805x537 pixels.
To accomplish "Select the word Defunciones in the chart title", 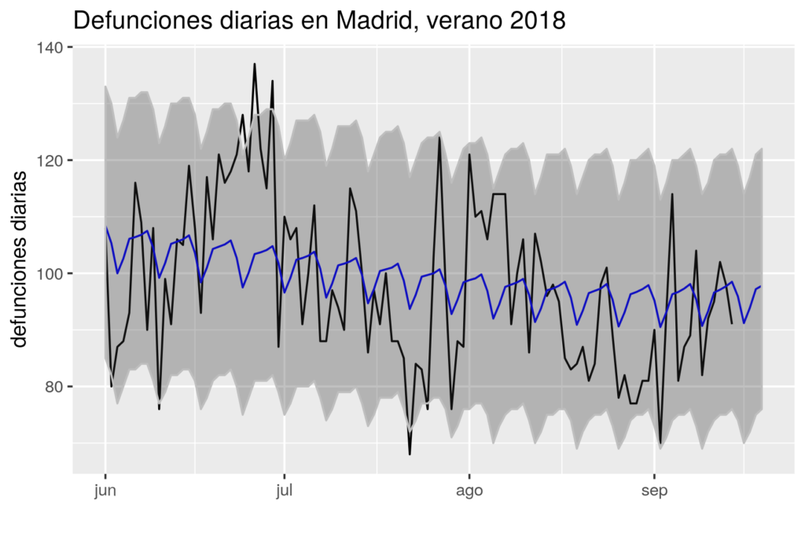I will tap(141, 20).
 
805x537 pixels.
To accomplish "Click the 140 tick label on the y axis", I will tap(54, 47).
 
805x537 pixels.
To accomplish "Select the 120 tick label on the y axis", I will tap(54, 160).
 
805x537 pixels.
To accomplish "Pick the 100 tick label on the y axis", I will tap(54, 274).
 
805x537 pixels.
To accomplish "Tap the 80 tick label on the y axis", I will tap(58, 387).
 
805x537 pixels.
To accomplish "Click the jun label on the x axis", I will tap(105, 492).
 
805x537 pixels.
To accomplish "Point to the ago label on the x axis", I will tap(469, 492).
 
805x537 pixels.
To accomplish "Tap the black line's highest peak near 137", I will tap(255, 64).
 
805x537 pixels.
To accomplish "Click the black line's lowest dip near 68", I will tap(410, 454).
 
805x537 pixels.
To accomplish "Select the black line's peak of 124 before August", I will tap(439, 138).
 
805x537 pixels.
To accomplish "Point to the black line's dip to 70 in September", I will tap(660, 443).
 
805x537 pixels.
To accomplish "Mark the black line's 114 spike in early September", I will tap(672, 193).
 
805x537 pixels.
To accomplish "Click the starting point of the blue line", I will tap(105, 228).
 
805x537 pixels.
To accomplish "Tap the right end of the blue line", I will tap(761, 286).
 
